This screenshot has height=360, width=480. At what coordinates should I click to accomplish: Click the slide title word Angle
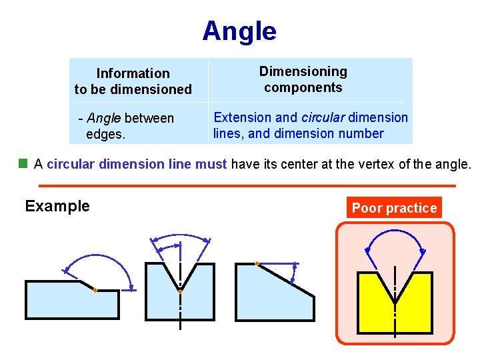coord(239,31)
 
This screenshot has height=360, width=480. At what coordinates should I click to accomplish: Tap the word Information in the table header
coord(133,73)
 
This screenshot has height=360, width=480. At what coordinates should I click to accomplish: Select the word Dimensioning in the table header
coord(303,71)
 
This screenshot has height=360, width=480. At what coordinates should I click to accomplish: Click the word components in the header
coord(303,87)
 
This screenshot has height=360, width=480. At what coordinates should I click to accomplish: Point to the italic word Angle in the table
coord(103,118)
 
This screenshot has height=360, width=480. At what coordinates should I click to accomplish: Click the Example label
coord(57,206)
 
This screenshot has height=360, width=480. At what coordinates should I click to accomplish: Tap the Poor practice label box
coord(394,208)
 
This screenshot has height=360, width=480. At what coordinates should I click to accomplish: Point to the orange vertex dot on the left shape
coord(95,291)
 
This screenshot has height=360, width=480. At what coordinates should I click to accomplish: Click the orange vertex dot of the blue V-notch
coord(180,292)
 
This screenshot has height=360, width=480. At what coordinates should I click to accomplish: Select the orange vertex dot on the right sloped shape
coord(257,263)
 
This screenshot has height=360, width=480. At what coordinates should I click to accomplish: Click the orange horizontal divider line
coord(247,185)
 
